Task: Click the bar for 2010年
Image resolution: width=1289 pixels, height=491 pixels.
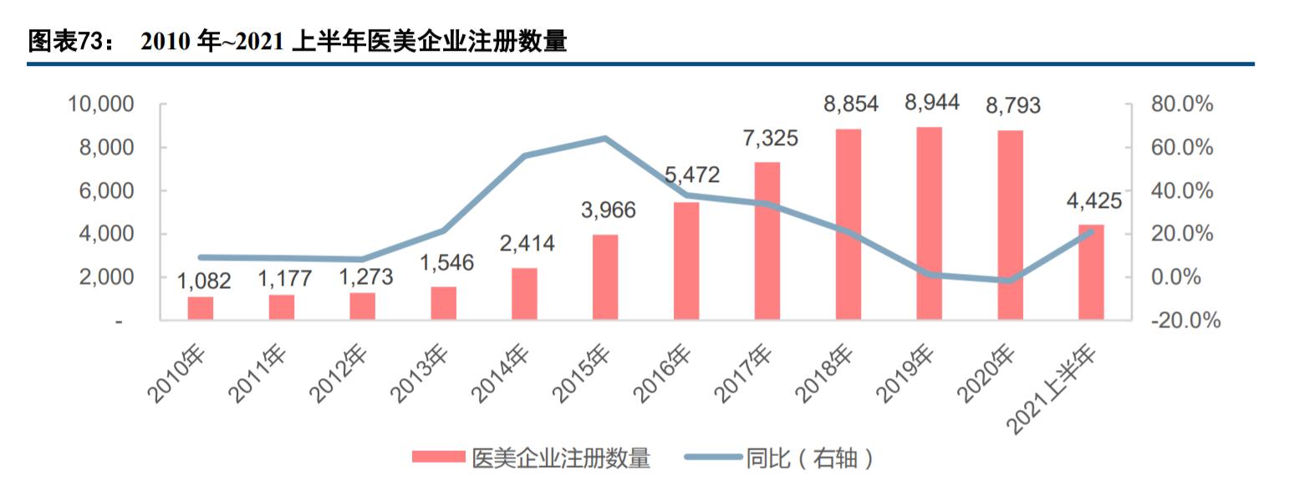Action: click(201, 308)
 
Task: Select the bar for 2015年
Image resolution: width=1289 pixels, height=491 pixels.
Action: click(605, 277)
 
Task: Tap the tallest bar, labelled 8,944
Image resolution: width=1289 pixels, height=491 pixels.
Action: click(930, 224)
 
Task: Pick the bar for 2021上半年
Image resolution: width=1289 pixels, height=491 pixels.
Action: click(1091, 272)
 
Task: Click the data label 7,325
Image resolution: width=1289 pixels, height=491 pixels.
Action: click(770, 138)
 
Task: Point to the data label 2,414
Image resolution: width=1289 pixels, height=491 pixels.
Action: click(527, 244)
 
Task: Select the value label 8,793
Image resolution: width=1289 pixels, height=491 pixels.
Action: click(1012, 105)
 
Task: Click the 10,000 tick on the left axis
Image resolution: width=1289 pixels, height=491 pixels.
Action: click(99, 104)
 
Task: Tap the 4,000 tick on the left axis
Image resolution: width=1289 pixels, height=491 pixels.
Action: click(105, 234)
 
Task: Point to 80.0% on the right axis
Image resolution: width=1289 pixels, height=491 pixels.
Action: click(1181, 104)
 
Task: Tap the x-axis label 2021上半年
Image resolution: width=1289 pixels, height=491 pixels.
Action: click(1053, 389)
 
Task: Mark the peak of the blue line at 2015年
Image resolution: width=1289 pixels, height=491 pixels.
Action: click(605, 138)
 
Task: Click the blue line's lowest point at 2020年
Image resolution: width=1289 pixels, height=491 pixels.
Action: click(1010, 281)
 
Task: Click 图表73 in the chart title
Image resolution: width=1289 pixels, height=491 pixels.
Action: click(64, 42)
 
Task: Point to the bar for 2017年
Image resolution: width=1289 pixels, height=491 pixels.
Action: click(767, 241)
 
